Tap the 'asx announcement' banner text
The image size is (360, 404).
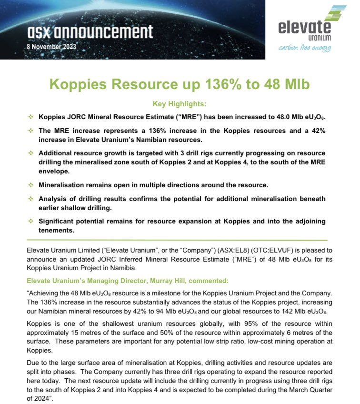(x=90, y=32)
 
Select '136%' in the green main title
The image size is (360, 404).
(x=225, y=85)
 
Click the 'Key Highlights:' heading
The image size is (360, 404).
(x=180, y=104)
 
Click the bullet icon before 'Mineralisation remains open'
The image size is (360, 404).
(x=31, y=184)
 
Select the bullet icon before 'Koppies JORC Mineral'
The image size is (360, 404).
(x=31, y=117)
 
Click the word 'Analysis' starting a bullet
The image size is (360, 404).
(x=53, y=198)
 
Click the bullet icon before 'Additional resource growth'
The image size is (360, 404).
(x=31, y=153)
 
